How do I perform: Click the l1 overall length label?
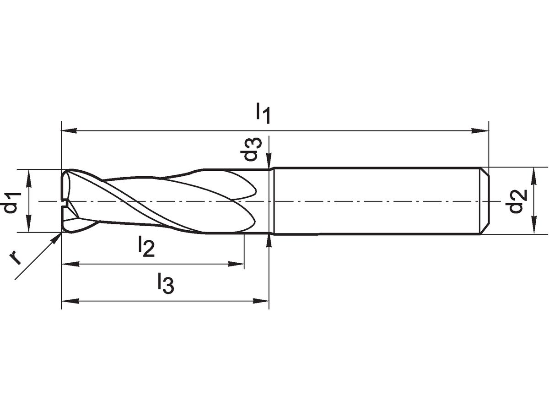(x=263, y=114)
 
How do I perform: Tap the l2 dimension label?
(x=146, y=247)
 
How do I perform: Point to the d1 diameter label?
(x=12, y=203)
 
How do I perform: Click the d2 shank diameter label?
(x=516, y=201)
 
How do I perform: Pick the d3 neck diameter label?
(x=251, y=149)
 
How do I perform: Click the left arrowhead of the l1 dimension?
(x=69, y=130)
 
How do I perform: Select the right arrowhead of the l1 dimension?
(x=480, y=130)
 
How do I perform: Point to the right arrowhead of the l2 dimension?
(x=236, y=264)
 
